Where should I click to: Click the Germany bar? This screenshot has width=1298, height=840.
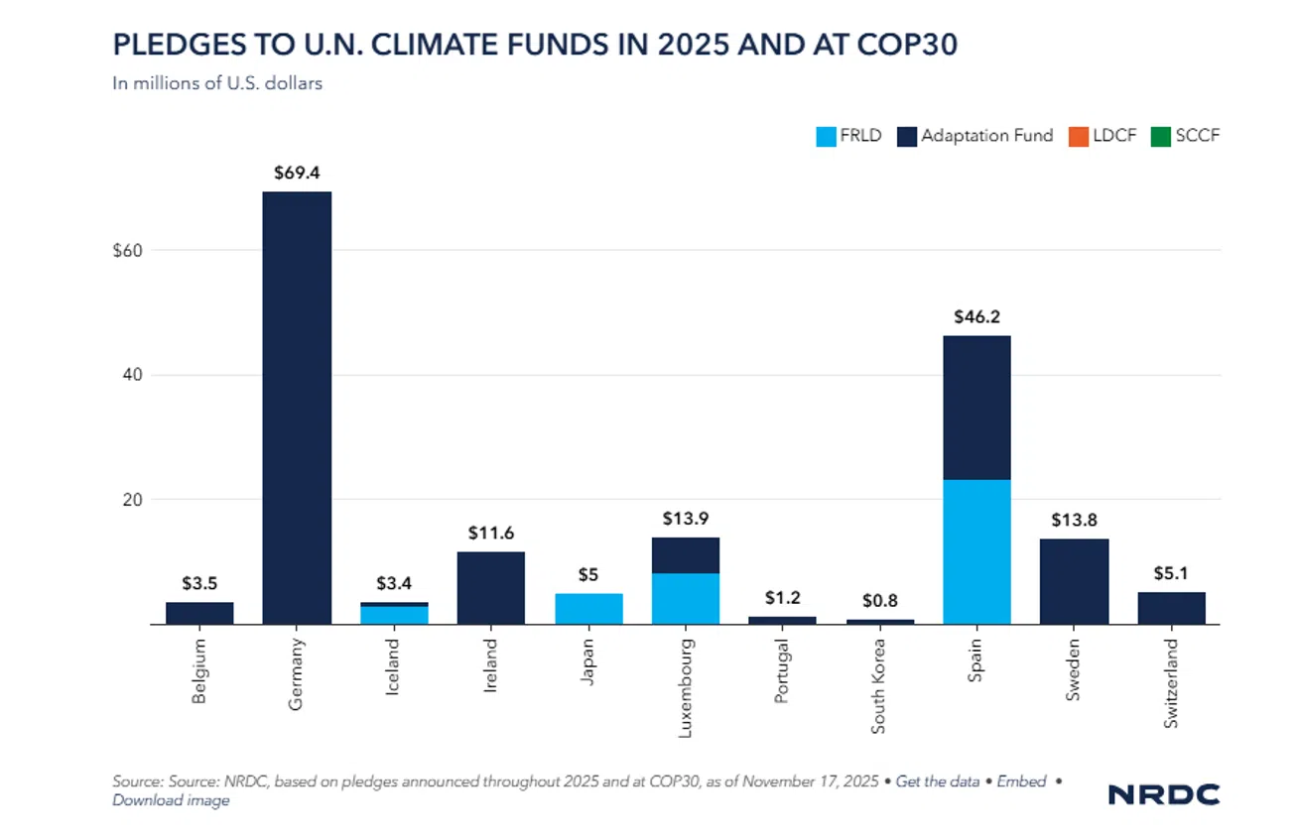tap(297, 407)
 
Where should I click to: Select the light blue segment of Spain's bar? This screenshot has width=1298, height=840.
tap(976, 551)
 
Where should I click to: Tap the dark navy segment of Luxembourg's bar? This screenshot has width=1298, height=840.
tap(686, 555)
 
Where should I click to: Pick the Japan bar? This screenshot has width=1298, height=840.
tap(588, 609)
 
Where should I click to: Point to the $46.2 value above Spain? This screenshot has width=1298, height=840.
tap(976, 318)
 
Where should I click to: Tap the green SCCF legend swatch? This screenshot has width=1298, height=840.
tap(1157, 136)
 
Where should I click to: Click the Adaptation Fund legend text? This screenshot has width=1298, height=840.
tap(986, 136)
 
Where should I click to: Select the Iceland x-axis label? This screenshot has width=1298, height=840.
tap(395, 666)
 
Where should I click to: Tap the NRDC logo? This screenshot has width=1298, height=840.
tap(1163, 794)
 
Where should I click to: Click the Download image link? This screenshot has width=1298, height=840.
tap(171, 800)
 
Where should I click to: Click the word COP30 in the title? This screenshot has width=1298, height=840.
tap(901, 46)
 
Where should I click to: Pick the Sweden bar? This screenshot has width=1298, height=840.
tap(1074, 581)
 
